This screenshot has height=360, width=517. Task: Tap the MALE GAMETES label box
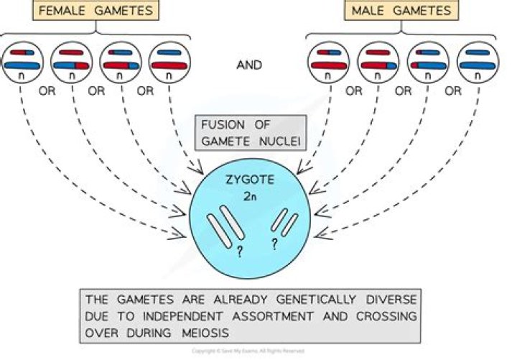[401, 11]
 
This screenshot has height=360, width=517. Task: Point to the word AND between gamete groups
[248, 65]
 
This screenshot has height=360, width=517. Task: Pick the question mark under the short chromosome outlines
[274, 243]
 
